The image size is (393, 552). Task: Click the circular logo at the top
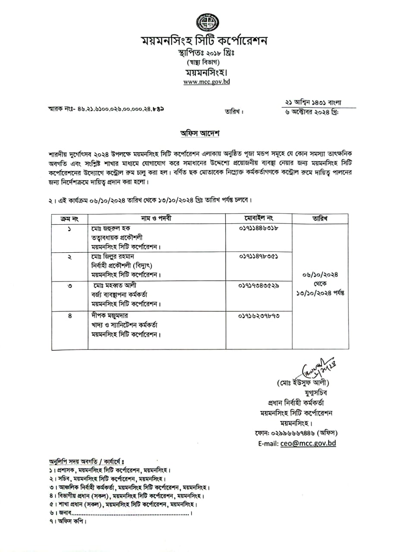[207, 22]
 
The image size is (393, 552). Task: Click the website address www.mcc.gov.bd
[207, 82]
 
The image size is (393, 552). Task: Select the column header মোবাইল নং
[259, 218]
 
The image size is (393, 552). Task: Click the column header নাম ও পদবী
[156, 218]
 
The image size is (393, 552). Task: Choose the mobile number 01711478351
[258, 256]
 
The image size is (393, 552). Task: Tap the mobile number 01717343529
[258, 285]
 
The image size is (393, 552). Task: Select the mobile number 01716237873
[258, 316]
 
